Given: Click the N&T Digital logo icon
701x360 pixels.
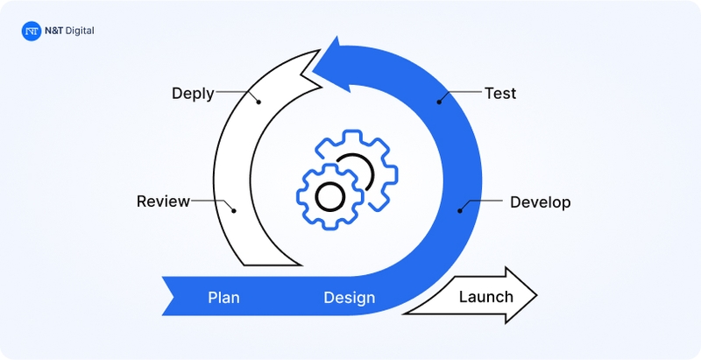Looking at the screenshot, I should point(31,31).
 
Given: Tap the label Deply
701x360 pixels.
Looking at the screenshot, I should point(192,93).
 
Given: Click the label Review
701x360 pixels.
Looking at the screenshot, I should point(163,202).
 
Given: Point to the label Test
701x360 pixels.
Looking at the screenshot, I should point(500,93).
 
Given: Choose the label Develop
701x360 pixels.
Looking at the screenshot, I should point(540,202).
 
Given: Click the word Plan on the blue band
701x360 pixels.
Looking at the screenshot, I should point(223,298).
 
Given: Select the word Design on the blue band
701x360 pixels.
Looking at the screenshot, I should point(349,298).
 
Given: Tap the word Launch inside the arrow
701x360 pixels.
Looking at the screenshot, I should point(485,296).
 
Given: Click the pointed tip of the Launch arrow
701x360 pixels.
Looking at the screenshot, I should point(535,296).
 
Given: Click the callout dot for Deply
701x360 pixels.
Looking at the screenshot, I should point(259,101).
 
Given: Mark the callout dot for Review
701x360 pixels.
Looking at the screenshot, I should point(233,209).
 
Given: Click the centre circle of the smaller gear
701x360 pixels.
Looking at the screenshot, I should point(329,196).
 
